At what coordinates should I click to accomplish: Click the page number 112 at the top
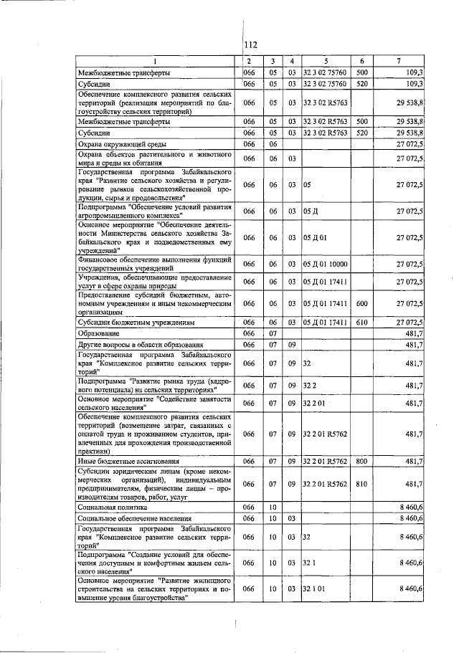pos(250,44)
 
